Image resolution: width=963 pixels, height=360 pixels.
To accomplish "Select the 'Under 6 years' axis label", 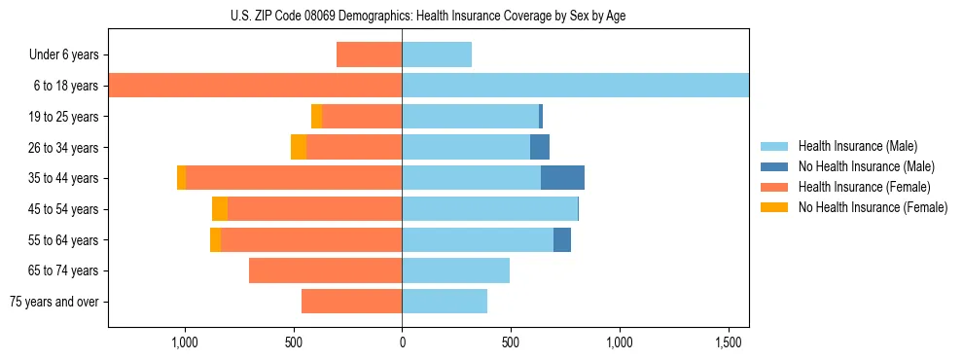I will [x=63, y=54].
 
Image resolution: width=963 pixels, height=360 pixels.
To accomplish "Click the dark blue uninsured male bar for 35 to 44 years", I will [x=562, y=178].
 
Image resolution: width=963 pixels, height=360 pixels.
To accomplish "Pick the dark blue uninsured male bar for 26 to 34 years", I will [x=540, y=147].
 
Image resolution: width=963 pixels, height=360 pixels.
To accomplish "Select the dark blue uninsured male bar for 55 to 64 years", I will [x=562, y=239].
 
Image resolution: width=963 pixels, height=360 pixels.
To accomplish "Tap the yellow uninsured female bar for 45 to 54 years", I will [x=220, y=208].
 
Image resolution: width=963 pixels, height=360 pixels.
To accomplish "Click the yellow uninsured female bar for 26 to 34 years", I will [x=299, y=147].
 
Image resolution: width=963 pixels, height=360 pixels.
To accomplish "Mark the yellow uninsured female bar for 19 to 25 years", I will [x=316, y=116].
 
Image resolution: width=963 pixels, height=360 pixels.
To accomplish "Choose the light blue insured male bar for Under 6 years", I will [x=437, y=54].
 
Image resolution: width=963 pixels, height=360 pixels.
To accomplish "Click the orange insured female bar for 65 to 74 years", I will [x=325, y=270].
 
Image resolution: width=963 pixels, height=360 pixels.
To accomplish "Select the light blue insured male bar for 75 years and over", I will [x=445, y=302].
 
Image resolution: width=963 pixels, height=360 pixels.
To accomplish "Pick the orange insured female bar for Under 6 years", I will [x=369, y=54].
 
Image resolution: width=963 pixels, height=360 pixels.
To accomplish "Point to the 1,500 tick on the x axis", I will [x=729, y=342].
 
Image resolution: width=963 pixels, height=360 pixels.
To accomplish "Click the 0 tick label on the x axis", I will [x=402, y=342].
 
